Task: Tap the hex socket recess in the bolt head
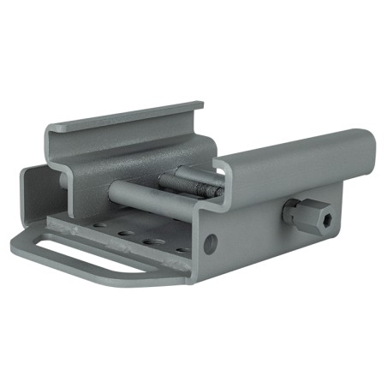326,221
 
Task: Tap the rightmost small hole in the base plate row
182,250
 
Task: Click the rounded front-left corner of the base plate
19,248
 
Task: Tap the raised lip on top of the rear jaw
128,116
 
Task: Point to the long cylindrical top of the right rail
291,158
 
